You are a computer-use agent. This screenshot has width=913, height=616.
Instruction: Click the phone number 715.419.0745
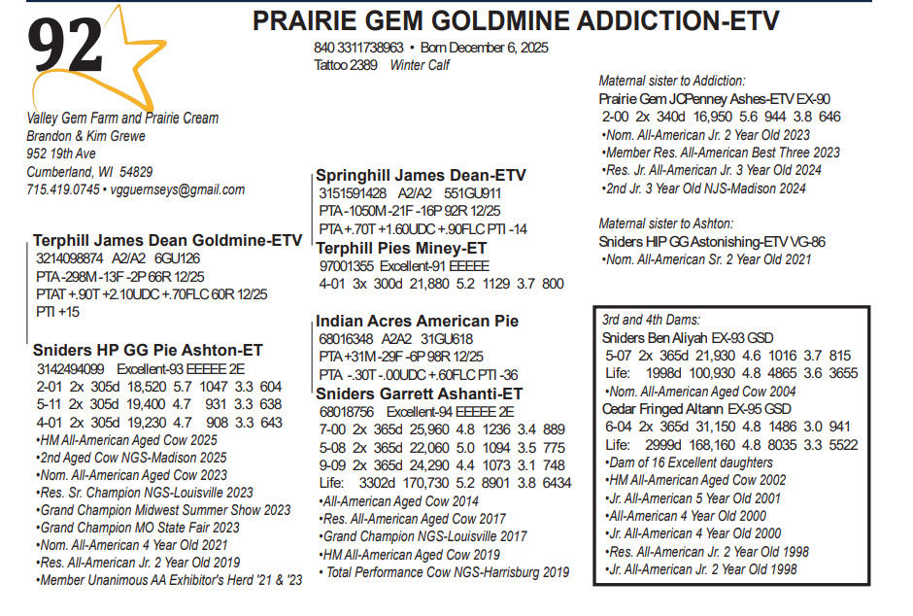tap(63, 189)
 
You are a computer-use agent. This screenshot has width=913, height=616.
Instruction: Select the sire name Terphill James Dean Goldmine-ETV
tap(168, 240)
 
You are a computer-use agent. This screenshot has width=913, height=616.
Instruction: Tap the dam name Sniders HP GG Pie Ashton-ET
tap(148, 351)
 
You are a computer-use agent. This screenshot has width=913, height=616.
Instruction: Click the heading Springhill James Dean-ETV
tap(421, 175)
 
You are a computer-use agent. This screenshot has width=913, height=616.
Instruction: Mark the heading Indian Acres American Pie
tap(417, 321)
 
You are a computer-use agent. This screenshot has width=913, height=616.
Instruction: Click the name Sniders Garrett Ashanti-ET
tap(420, 394)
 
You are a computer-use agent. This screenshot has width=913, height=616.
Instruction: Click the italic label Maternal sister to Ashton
tap(665, 223)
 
